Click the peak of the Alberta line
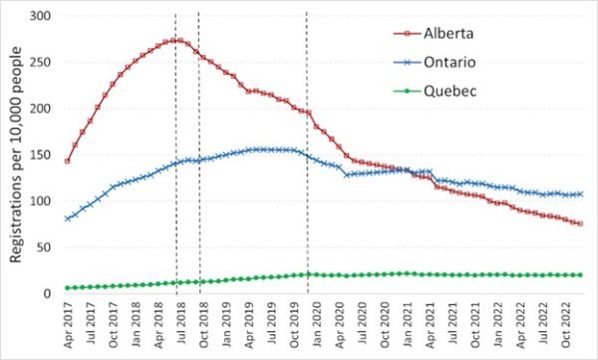(x=175, y=41)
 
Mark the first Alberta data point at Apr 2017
(x=67, y=161)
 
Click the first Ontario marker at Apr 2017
(x=67, y=218)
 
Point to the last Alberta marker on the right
(x=581, y=223)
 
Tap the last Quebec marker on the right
(x=581, y=275)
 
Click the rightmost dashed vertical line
(x=306, y=150)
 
